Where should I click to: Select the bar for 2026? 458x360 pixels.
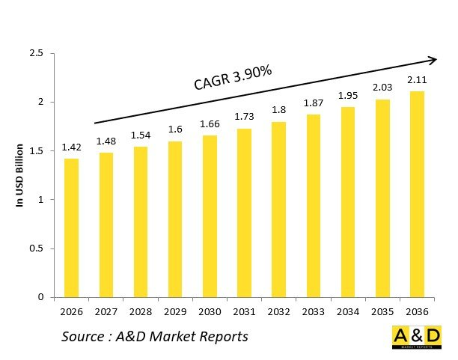(71, 228)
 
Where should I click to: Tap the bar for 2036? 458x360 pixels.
(417, 194)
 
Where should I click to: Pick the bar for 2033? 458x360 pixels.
(313, 205)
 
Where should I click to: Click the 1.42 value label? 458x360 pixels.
(71, 147)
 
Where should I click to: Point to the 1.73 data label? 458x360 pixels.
(244, 118)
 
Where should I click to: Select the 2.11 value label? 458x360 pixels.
(417, 80)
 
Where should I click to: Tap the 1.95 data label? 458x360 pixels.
(348, 96)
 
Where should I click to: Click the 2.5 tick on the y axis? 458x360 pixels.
(36, 53)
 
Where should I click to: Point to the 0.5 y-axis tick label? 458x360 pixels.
(36, 248)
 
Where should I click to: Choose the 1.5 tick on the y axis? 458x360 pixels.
(36, 151)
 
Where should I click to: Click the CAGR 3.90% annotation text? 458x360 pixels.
(233, 79)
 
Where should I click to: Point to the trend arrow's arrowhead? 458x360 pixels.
(432, 58)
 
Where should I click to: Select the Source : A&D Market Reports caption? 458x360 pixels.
(155, 337)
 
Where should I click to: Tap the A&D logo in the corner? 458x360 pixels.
(417, 338)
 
